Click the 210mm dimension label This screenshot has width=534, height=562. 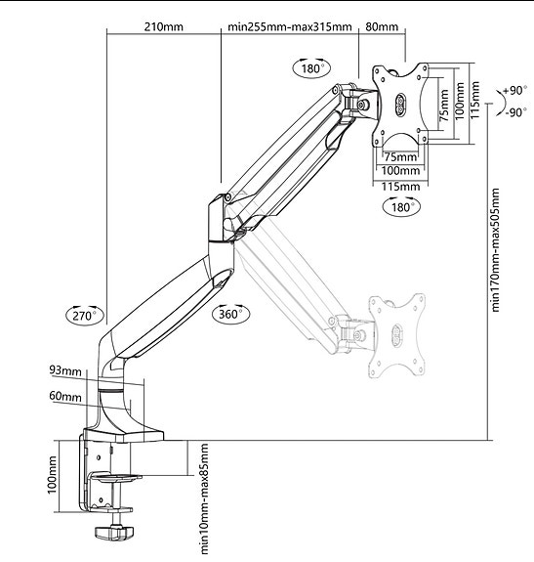(x=164, y=27)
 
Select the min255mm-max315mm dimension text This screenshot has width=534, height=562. (x=290, y=27)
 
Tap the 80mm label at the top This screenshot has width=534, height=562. (x=381, y=27)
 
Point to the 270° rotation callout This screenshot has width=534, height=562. (x=86, y=316)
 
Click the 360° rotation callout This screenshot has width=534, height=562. (x=230, y=314)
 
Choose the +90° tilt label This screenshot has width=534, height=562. (x=515, y=90)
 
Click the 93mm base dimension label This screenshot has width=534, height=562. (x=65, y=370)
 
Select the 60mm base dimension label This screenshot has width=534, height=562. (x=65, y=397)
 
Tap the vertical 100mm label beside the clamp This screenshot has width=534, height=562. (x=52, y=475)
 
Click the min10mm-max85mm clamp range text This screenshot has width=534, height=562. (x=204, y=498)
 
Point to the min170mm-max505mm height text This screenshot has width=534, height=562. (x=495, y=250)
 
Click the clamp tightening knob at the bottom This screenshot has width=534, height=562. (x=114, y=532)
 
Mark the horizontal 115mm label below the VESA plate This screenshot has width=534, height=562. (x=400, y=187)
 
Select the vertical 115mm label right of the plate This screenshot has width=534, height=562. (x=474, y=101)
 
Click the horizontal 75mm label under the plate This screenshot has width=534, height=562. (x=401, y=157)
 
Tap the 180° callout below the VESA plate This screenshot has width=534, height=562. (x=401, y=207)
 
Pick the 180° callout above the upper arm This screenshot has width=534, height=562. (x=311, y=68)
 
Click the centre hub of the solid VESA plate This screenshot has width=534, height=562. (x=400, y=105)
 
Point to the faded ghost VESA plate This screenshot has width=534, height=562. (x=397, y=335)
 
